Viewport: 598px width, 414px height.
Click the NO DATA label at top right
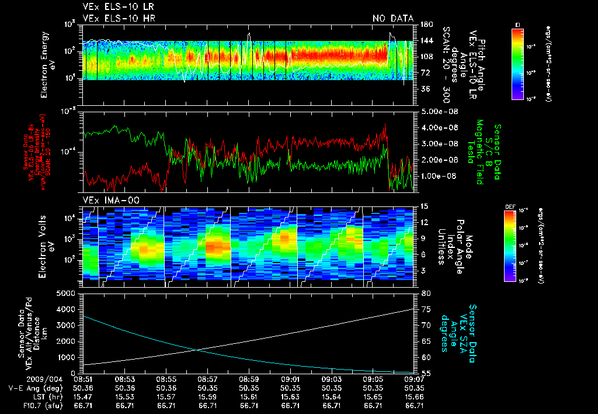click(393, 19)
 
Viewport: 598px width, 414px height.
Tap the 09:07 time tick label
click(414, 379)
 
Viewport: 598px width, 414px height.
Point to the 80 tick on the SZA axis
click(425, 293)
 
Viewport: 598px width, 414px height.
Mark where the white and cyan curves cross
click(197, 350)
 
